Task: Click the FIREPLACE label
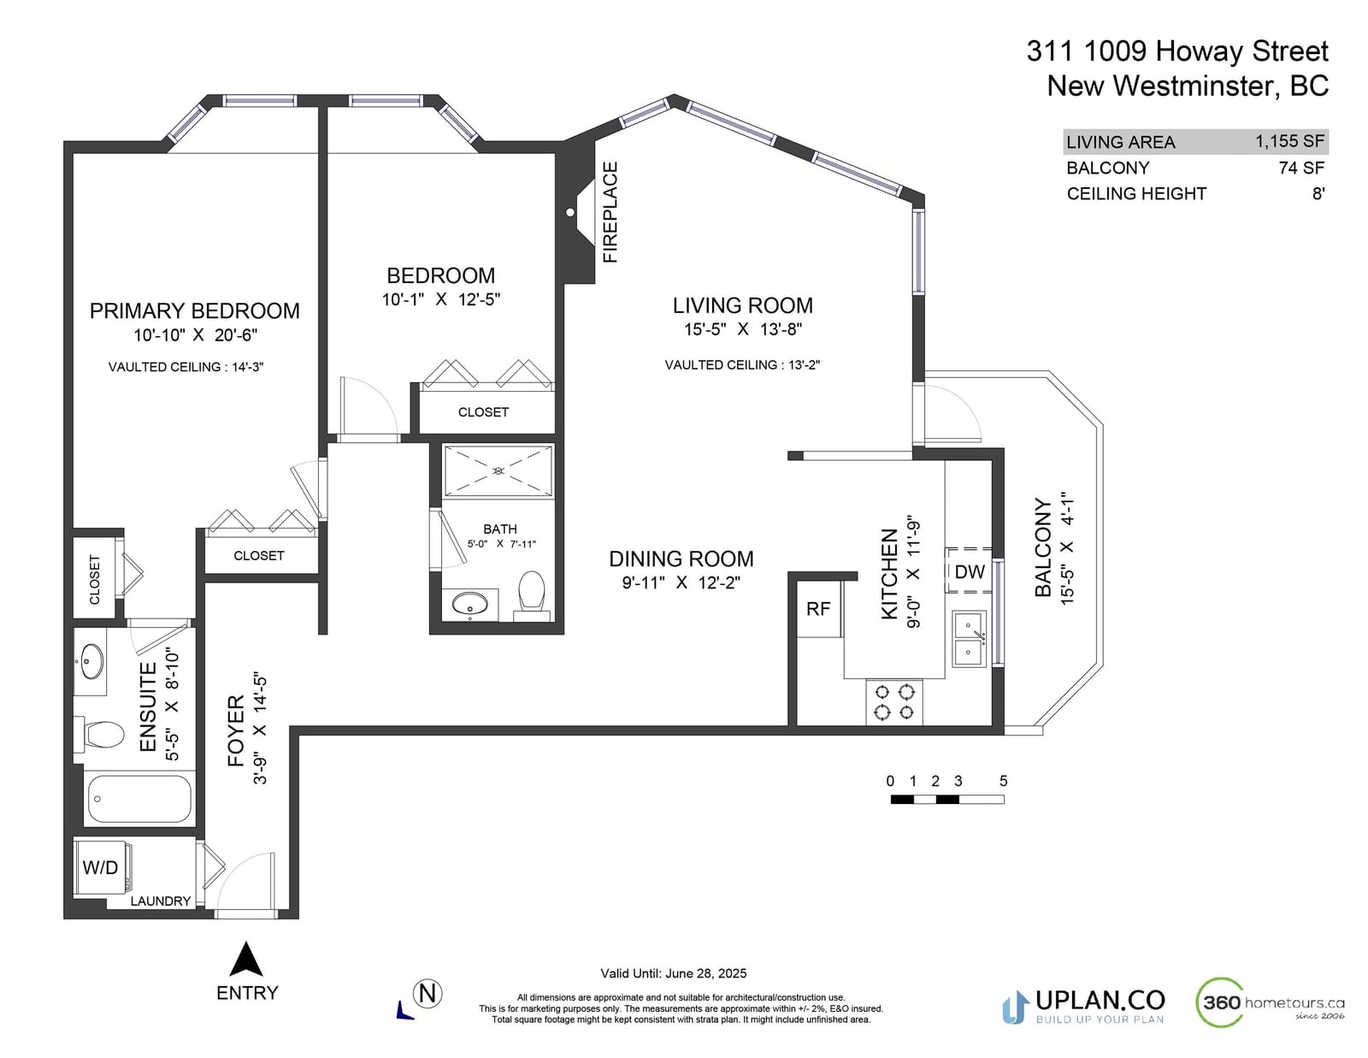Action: tap(610, 211)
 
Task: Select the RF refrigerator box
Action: tap(818, 608)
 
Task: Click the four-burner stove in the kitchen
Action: tap(894, 701)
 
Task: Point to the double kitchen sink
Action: tap(969, 639)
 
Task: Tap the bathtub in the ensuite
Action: tap(138, 799)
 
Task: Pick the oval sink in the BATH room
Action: tap(469, 605)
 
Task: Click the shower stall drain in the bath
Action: tap(498, 470)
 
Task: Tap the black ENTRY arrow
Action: tap(246, 959)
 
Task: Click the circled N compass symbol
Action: tap(427, 994)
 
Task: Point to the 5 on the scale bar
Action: tap(1003, 781)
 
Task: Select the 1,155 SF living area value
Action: tap(1290, 141)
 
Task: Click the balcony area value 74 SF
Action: tap(1301, 168)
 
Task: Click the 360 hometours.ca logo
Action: tap(1270, 1002)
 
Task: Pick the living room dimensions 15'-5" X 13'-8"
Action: tap(743, 329)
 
